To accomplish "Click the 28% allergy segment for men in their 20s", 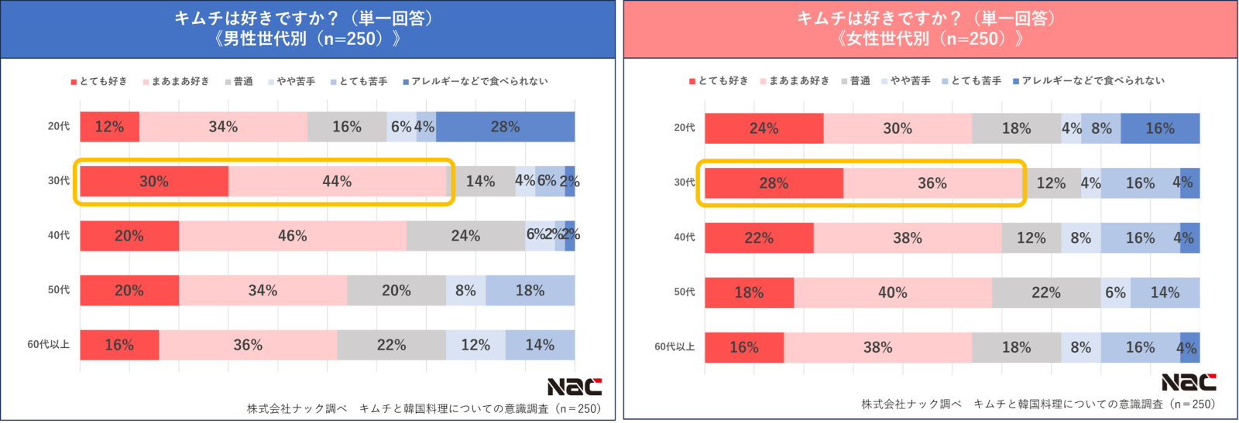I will (x=505, y=127).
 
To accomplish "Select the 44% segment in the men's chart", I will (x=337, y=181).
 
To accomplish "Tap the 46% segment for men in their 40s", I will (x=292, y=236).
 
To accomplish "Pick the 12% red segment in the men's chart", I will (x=109, y=127).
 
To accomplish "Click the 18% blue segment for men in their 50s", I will (x=530, y=291).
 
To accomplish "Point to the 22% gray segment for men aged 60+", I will (x=391, y=345).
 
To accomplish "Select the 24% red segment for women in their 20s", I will (x=764, y=128).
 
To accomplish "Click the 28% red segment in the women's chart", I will (x=774, y=183).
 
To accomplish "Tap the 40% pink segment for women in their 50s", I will (x=892, y=292).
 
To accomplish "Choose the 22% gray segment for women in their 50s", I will (x=1045, y=292).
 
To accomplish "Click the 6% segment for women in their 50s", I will (x=1115, y=292).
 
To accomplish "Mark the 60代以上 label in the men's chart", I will (x=48, y=345).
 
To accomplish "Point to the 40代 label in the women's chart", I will (x=684, y=237).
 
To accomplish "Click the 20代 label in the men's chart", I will (x=59, y=126).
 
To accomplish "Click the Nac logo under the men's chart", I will (x=574, y=387).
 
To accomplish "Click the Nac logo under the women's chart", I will (x=1188, y=382).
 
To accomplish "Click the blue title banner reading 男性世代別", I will (x=307, y=29).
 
